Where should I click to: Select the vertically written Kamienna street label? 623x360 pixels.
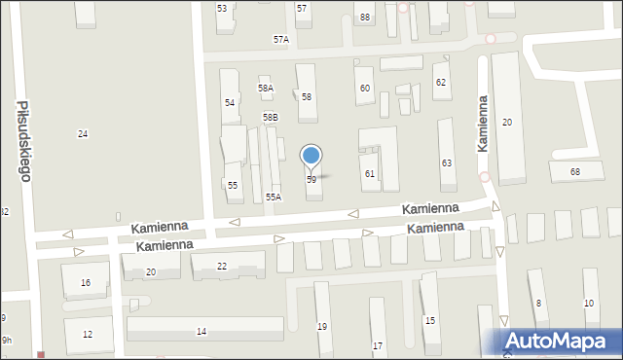point(482,123)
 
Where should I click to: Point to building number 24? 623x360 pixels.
point(83,133)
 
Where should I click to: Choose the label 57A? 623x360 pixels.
point(280,40)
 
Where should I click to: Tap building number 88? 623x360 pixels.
point(364,18)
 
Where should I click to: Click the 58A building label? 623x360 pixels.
point(266,89)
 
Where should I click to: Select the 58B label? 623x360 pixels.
point(270,117)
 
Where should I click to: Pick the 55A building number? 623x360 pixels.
point(274,197)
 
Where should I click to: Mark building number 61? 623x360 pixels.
point(370,173)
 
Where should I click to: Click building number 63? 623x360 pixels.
point(447,162)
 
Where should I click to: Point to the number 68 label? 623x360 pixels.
point(575,172)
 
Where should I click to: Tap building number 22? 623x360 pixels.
point(222,266)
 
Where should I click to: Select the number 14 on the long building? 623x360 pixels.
point(202,332)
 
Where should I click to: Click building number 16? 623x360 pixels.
point(86,283)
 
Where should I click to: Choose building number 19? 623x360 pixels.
point(322,327)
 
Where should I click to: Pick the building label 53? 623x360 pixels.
point(222,8)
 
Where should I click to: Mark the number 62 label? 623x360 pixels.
point(440,83)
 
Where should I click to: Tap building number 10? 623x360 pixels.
point(589,304)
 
